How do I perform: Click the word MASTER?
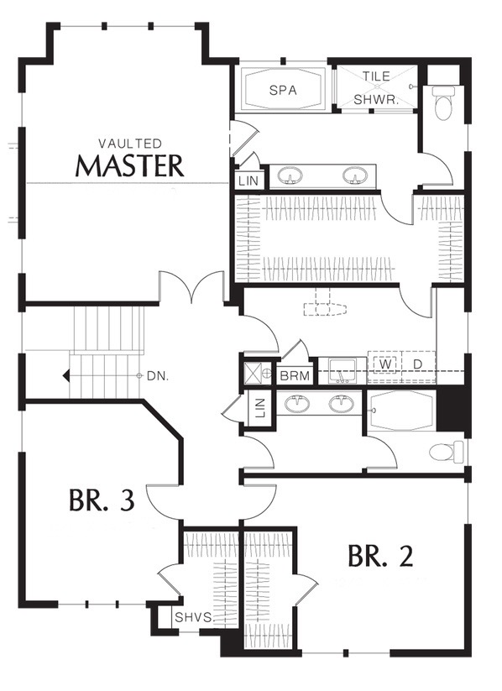(129, 165)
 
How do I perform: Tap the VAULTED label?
(130, 144)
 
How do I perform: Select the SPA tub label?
(283, 91)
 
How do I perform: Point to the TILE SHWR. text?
(376, 88)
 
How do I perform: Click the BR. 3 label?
(102, 501)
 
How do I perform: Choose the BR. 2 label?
(381, 556)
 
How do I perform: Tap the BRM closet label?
(295, 377)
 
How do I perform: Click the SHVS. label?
(194, 617)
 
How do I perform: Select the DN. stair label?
(158, 376)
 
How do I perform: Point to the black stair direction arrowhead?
(66, 376)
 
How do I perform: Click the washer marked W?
(385, 364)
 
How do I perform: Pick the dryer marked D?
(418, 364)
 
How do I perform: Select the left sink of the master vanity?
(290, 175)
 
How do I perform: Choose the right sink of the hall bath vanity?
(341, 403)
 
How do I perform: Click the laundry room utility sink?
(343, 370)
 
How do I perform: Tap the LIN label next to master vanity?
(248, 181)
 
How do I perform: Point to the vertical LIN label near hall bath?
(260, 408)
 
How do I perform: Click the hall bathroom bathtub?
(401, 411)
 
